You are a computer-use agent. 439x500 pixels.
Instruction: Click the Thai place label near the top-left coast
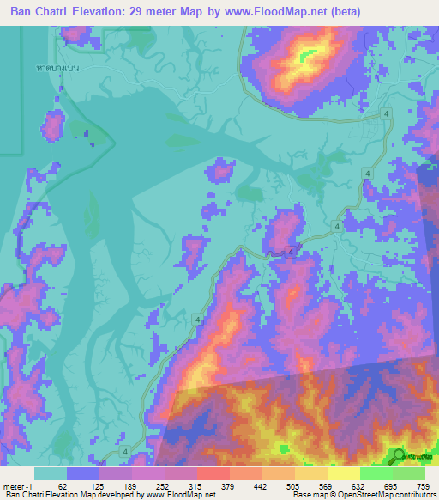pos(57,67)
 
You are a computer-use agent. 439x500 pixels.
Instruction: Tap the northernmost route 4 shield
pos(387,113)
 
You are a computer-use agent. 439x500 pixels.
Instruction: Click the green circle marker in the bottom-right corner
pos(399,456)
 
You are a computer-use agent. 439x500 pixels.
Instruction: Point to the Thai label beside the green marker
pos(418,458)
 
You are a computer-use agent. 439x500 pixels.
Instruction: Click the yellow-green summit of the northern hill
pos(304,58)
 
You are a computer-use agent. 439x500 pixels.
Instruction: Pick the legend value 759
pos(422,486)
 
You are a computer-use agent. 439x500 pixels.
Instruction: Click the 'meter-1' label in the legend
pos(17,486)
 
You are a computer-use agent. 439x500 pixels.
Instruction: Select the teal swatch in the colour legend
pos(51,473)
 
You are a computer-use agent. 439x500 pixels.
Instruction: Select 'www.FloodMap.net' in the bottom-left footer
pos(181,495)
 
